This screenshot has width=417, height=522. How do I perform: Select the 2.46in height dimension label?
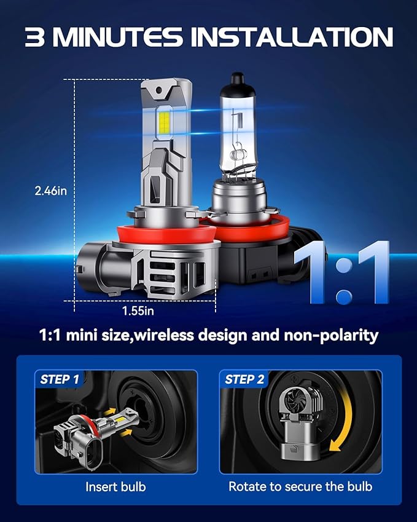click(50, 191)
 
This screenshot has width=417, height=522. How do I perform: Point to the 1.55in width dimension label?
click(138, 311)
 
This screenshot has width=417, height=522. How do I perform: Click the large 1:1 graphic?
click(341, 272)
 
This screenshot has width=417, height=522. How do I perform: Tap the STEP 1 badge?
click(60, 379)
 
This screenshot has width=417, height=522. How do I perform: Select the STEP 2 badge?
click(244, 379)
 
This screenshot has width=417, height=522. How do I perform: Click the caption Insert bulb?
click(115, 487)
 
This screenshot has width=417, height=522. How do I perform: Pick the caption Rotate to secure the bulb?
click(300, 487)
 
